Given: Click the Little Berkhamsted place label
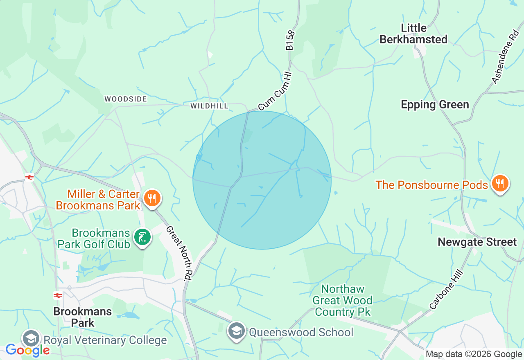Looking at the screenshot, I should [x=413, y=34].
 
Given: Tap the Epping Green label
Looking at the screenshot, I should [x=435, y=105].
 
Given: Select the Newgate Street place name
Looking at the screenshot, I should [x=477, y=242].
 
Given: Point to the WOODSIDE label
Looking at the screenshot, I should [x=125, y=99].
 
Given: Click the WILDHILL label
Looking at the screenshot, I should [x=209, y=106].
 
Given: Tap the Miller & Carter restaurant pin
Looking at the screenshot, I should [x=152, y=199].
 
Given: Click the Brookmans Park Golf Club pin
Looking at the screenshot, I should [x=142, y=238].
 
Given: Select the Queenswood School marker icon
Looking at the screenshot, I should [x=236, y=331].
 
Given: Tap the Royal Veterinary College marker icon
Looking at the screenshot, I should [x=31, y=339].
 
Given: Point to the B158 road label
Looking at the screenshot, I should [x=290, y=40].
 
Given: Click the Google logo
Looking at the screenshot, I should [x=27, y=350].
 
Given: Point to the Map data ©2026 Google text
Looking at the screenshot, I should [x=474, y=354].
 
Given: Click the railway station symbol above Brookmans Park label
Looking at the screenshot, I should [x=58, y=295].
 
